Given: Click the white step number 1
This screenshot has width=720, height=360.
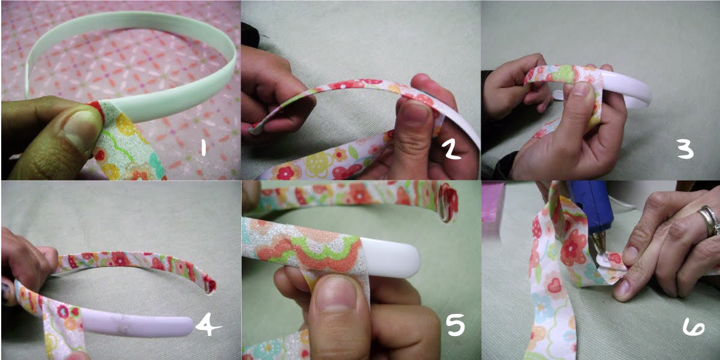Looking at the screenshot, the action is point(203,148).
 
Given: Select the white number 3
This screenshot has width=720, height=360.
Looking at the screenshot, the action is point(685,150).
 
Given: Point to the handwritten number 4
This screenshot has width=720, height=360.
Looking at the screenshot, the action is point(208,325).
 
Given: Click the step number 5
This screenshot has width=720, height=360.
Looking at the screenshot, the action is point(455,325).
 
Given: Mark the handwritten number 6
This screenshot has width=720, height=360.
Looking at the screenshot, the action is point(693,328).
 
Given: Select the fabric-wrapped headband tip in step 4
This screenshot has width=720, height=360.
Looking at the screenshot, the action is point(209,283).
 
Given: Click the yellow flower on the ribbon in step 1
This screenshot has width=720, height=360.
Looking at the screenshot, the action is point(126,125).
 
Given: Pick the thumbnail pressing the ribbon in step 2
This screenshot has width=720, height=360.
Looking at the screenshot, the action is point(415,111).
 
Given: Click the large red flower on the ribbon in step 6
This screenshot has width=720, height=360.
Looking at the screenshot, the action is point(573,247).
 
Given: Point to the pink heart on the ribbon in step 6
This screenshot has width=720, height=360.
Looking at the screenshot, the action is point(554,284).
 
